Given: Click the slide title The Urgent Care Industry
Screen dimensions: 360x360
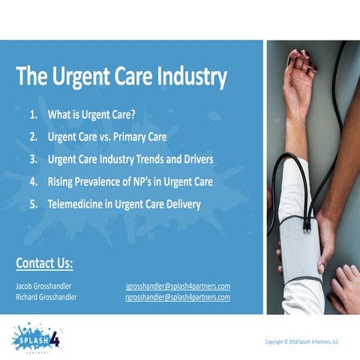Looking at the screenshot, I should tap(121, 76).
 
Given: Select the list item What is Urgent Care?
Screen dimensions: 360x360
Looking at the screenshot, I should tap(95, 116).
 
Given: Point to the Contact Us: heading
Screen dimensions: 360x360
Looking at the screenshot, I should tap(44, 263).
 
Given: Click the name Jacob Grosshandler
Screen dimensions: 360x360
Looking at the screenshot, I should tap(46, 286).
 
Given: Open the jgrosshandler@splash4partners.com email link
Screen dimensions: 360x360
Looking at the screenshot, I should tap(177, 286).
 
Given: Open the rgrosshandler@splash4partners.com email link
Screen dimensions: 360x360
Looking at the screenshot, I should tap(177, 297).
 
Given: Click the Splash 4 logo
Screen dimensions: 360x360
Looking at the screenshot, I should tap(36, 337).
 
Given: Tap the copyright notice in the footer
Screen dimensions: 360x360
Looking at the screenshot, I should tap(302, 342).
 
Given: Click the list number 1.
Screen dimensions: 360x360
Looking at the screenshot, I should tap(33, 116).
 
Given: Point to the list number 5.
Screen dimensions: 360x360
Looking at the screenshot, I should tap(33, 203).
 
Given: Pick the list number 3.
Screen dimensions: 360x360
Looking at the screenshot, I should tap(33, 160).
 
